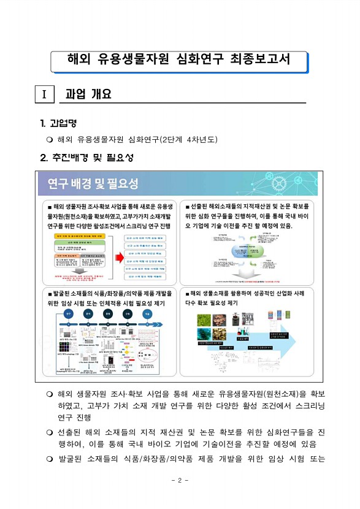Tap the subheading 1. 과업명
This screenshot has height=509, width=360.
click(x=58, y=123)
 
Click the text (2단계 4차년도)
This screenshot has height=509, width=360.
click(x=188, y=139)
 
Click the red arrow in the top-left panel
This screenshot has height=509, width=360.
click(x=117, y=253)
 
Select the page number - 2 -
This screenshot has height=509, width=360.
click(x=180, y=480)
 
